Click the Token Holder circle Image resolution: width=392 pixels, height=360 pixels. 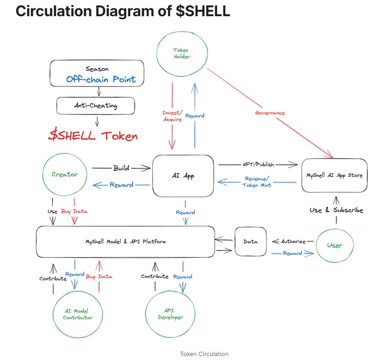(181, 53)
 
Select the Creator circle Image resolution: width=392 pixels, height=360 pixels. (64, 175)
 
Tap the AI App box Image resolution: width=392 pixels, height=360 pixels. (183, 175)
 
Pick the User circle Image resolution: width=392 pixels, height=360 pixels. (335, 245)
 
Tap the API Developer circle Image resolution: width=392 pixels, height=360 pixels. (170, 314)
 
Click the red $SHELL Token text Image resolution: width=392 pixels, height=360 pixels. (93, 136)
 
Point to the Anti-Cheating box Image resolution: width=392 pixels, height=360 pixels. (96, 105)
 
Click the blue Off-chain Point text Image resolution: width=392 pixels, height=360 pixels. (101, 79)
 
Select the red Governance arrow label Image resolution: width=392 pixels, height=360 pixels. (270, 112)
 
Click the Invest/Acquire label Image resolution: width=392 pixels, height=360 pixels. (172, 116)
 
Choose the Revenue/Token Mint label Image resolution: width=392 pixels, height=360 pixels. (257, 182)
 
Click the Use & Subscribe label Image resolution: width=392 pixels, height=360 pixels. (336, 210)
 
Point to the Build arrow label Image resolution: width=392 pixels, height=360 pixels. (121, 168)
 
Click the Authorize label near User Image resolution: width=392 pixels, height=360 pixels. (293, 241)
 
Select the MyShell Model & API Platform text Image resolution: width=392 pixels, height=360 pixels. (126, 242)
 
